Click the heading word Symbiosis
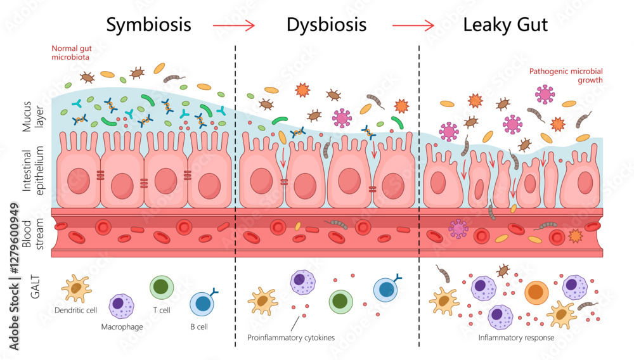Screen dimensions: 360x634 pyautogui.click(x=148, y=25)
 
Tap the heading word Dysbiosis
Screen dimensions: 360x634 pyautogui.click(x=326, y=25)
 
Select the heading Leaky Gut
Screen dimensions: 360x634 pyautogui.click(x=505, y=25)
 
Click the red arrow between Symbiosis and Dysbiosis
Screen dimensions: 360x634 pyautogui.click(x=233, y=26)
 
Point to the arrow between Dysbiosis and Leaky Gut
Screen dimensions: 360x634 pyautogui.click(x=413, y=26)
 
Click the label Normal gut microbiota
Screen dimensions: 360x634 pyautogui.click(x=70, y=53)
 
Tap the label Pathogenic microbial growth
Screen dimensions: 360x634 pyautogui.click(x=566, y=75)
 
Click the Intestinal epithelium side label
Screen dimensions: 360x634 pyautogui.click(x=31, y=171)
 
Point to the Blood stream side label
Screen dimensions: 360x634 pyautogui.click(x=31, y=232)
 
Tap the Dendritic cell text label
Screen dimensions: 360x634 pyautogui.click(x=75, y=311)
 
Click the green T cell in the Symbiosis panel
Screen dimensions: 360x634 pyautogui.click(x=161, y=287)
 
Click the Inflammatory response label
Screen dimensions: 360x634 pyautogui.click(x=516, y=338)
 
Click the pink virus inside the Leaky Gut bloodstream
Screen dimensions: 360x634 pyautogui.click(x=458, y=229)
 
